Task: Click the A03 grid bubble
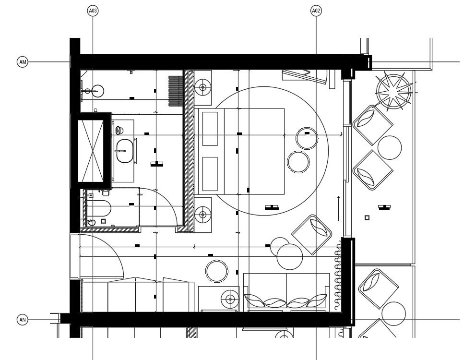93,10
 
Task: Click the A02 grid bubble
316,10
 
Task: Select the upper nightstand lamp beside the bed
203,87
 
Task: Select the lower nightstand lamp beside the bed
203,214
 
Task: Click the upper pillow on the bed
209,128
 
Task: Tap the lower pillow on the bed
209,173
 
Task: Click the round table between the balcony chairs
389,147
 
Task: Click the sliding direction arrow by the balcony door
338,207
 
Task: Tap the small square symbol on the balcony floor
367,217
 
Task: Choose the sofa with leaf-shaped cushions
286,292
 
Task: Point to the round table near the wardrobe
217,271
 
